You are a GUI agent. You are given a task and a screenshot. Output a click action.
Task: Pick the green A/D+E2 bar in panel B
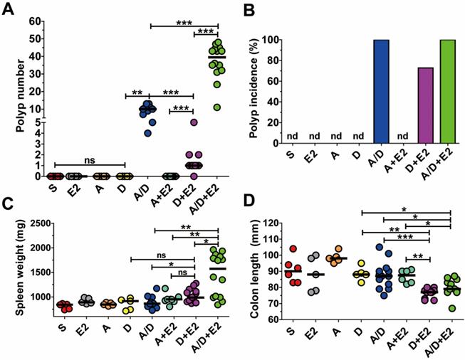446,102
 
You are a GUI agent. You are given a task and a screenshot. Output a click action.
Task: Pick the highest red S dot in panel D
293,249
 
